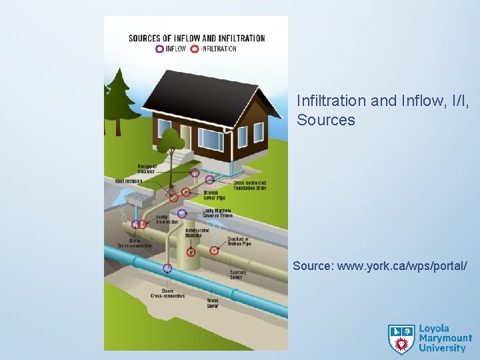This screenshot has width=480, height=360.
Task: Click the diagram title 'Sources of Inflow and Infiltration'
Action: click(x=197, y=38)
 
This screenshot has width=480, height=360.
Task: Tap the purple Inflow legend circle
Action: click(x=159, y=49)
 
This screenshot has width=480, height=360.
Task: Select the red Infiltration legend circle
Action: click(x=194, y=49)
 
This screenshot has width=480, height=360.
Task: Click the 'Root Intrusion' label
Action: click(x=129, y=181)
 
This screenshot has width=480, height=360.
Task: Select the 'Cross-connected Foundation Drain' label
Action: click(x=250, y=185)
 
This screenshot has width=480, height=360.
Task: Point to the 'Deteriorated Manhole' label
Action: click(x=193, y=233)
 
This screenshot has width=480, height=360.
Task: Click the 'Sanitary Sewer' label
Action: click(x=237, y=274)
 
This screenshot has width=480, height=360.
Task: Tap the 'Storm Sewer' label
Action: click(x=212, y=303)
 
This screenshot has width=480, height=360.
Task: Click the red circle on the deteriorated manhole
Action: click(x=191, y=252)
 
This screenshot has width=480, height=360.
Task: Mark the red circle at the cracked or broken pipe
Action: click(x=214, y=251)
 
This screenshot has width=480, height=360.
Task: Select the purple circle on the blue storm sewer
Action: click(x=167, y=268)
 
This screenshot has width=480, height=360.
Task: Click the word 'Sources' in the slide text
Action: click(x=326, y=120)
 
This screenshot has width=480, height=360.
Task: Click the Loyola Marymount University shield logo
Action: click(x=401, y=339)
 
